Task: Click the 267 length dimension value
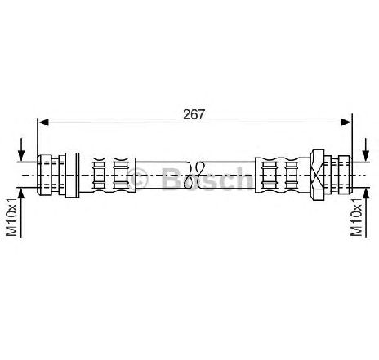click(194, 114)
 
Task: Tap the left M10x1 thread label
click(11, 217)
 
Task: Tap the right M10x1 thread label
click(356, 217)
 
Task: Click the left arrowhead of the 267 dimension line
click(42, 122)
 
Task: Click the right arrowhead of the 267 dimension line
click(346, 122)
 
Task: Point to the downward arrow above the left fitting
click(21, 149)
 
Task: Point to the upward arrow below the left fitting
click(21, 212)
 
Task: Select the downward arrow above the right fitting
click(366, 149)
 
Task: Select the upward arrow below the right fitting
click(366, 212)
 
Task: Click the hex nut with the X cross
click(317, 175)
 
